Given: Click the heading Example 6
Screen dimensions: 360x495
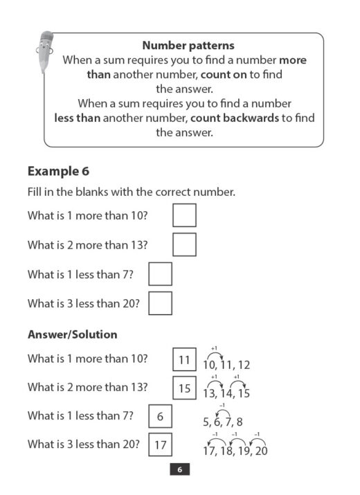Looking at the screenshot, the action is click(58, 171).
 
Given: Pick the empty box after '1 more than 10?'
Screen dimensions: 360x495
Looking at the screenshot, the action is click(184, 215).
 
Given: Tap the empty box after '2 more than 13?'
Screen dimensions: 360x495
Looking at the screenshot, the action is click(184, 244).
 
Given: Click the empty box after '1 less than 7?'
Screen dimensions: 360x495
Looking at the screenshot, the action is click(161, 274).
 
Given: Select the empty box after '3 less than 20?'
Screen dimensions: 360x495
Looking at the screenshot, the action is click(161, 303).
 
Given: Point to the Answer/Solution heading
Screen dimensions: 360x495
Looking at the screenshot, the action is click(72, 334).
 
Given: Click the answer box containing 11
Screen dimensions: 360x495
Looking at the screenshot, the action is click(184, 360).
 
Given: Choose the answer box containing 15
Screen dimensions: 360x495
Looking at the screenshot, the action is click(184, 388).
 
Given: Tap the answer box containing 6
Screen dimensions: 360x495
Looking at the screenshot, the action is click(161, 417).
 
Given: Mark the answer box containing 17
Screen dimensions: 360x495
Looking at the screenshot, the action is click(161, 445).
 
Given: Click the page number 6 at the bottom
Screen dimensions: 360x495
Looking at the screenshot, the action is click(179, 470).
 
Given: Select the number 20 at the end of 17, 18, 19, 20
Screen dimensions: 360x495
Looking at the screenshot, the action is click(260, 451).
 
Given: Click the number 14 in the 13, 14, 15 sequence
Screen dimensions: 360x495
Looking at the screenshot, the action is click(225, 393).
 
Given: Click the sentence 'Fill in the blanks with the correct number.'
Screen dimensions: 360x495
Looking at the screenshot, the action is click(132, 192).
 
